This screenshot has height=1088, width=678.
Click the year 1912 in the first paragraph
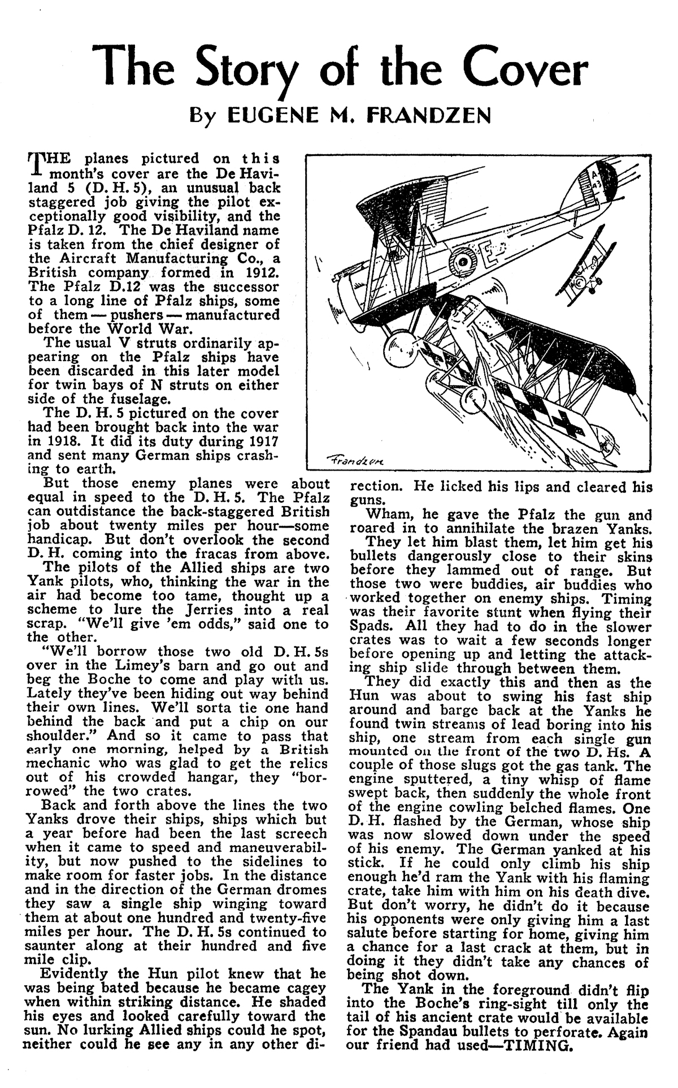[x=263, y=272]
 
